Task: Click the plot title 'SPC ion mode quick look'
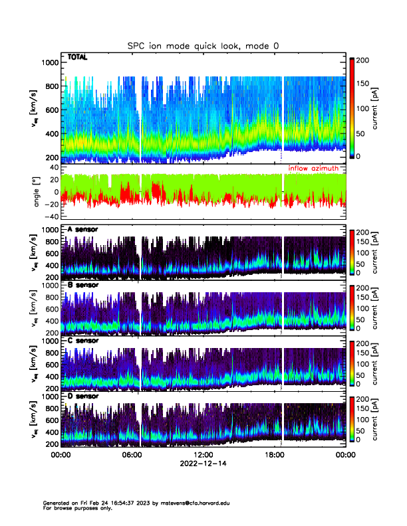coord(203,46)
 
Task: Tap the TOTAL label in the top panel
coord(77,58)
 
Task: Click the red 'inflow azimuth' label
coord(313,169)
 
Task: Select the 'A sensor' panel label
coord(82,229)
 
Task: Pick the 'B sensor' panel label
coord(82,286)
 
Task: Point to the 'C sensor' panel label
coord(82,341)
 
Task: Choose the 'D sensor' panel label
coord(82,396)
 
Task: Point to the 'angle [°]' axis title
coord(38,192)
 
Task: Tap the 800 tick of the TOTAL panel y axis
coord(51,86)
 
